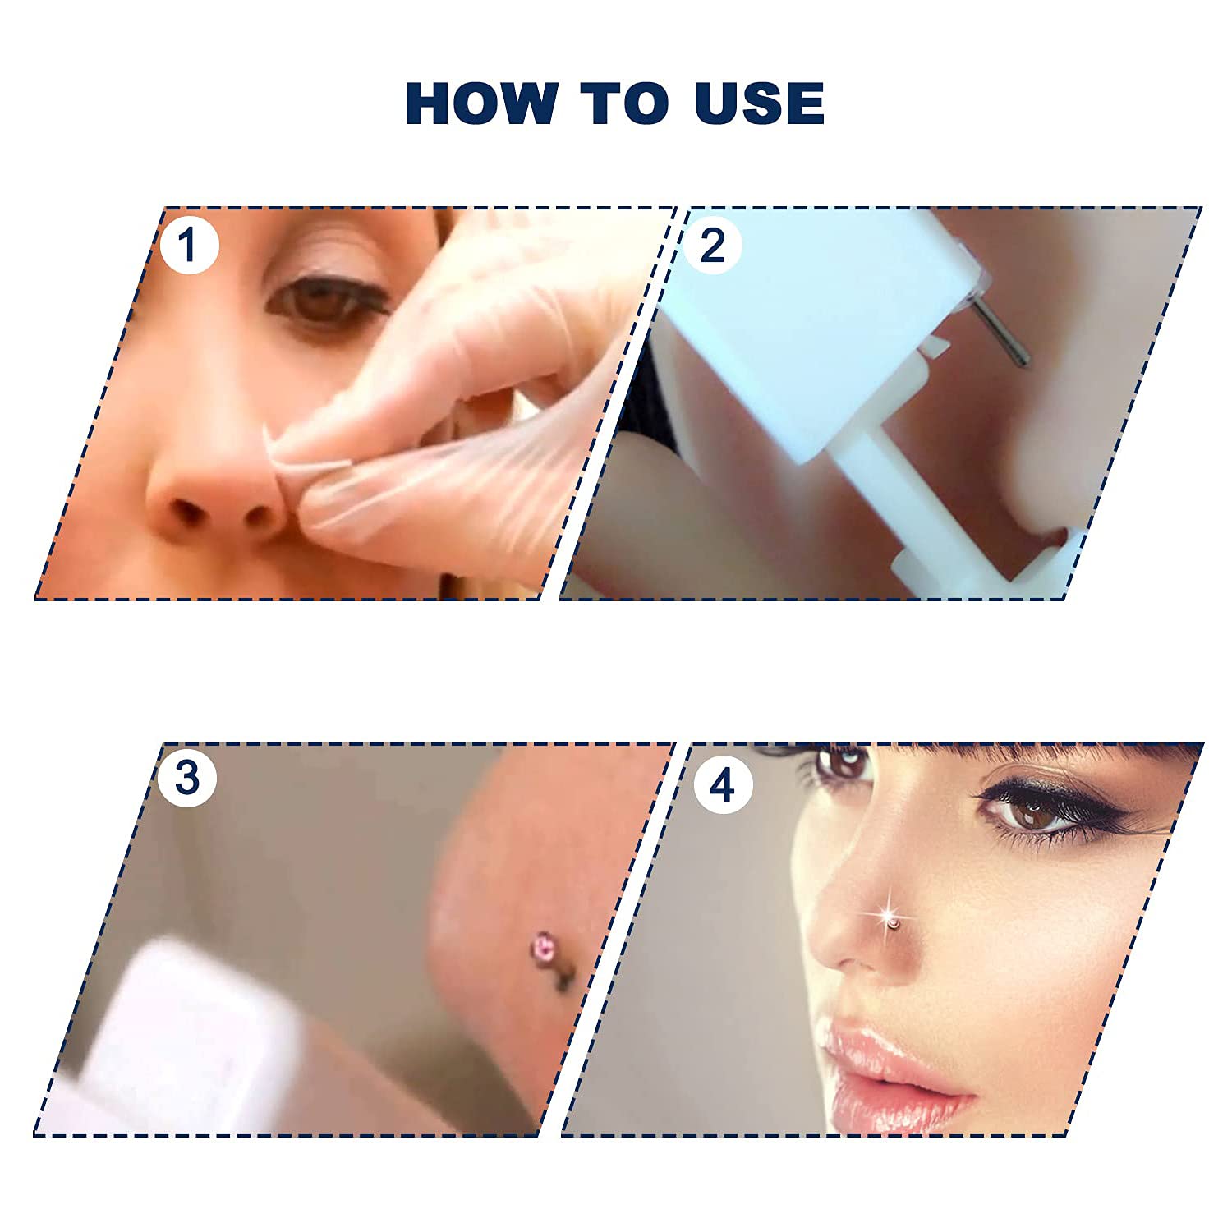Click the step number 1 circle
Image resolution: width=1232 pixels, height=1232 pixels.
(189, 245)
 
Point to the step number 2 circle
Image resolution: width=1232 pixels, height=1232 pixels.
(712, 245)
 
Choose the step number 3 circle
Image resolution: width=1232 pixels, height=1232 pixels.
(187, 777)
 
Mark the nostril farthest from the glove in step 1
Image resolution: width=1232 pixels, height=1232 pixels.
(187, 513)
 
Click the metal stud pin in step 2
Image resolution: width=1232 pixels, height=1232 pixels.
(1000, 331)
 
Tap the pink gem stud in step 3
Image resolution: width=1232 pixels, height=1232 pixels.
(544, 945)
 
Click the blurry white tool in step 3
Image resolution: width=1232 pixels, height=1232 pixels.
(189, 1035)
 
